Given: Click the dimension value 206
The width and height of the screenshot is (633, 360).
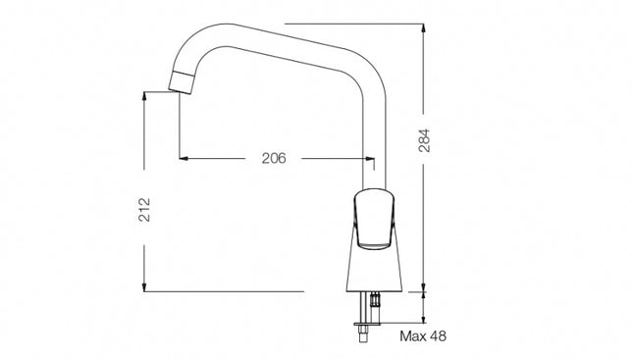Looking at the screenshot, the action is (x=274, y=158).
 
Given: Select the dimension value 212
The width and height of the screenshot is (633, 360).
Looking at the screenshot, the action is (x=144, y=210).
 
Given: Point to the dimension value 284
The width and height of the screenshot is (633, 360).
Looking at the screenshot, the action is (x=424, y=140).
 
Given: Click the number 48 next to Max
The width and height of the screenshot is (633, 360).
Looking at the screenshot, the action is (x=438, y=335).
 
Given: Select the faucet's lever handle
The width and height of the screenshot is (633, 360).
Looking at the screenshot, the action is (x=374, y=218).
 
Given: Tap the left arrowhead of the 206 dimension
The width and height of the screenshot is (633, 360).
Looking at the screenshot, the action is (x=184, y=158).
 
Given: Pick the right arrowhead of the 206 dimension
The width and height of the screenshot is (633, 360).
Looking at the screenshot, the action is (x=369, y=158).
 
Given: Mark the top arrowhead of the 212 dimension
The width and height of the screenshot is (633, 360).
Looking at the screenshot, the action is (x=144, y=97).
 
